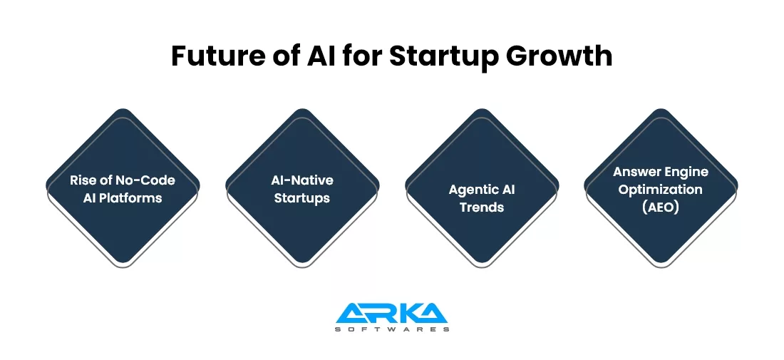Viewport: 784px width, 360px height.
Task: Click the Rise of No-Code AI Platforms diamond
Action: [x=123, y=187]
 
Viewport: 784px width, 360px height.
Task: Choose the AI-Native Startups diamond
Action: [x=302, y=187]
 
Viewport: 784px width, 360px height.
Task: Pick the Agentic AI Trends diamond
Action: [x=482, y=187]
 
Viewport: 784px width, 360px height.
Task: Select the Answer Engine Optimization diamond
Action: [x=661, y=187]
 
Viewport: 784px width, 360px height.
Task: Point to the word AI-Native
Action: [x=302, y=180]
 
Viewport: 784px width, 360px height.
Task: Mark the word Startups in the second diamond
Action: [x=302, y=198]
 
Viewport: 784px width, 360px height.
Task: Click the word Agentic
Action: [x=468, y=190]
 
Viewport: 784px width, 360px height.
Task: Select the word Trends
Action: [x=482, y=207]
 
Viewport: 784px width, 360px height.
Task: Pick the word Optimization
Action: [x=661, y=190]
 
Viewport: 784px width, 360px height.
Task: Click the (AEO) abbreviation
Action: [x=661, y=207]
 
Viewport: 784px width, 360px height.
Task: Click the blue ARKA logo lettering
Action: [x=391, y=313]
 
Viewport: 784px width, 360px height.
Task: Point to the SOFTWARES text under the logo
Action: [x=391, y=329]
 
